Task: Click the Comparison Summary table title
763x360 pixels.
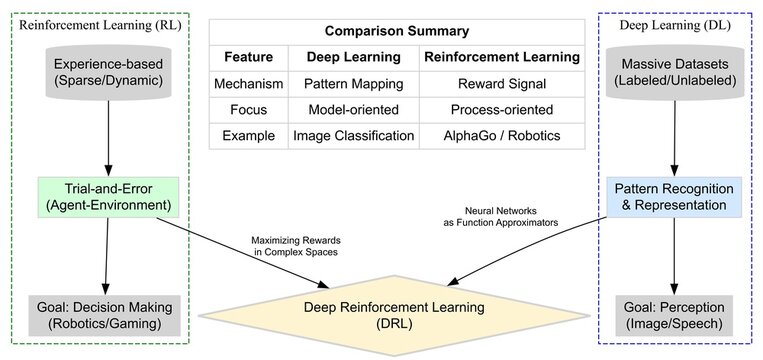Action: pyautogui.click(x=395, y=31)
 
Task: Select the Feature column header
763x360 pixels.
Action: pyautogui.click(x=248, y=57)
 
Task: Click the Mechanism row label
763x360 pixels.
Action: pyautogui.click(x=248, y=84)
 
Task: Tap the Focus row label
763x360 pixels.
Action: pyautogui.click(x=248, y=109)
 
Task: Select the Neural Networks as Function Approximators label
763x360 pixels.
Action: pyautogui.click(x=497, y=217)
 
